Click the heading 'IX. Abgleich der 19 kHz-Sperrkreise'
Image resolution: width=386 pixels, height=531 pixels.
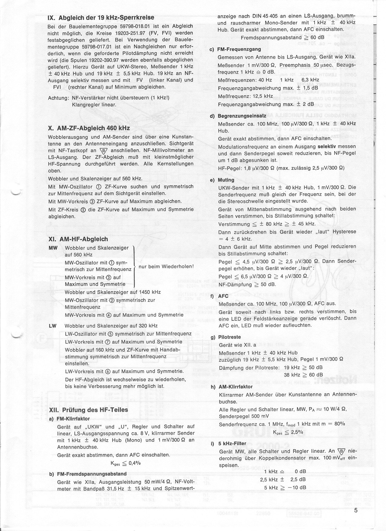point(101,18)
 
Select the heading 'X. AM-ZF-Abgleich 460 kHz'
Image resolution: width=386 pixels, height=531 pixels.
point(89,128)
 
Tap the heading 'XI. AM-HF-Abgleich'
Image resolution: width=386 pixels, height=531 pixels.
point(78,239)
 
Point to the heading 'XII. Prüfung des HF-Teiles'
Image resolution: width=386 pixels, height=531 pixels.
point(88,410)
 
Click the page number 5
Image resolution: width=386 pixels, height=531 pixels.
point(356,511)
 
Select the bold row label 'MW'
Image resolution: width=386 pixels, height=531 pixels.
point(53,248)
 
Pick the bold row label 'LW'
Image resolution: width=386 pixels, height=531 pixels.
point(52,326)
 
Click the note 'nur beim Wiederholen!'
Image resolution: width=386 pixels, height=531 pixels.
point(166,267)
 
